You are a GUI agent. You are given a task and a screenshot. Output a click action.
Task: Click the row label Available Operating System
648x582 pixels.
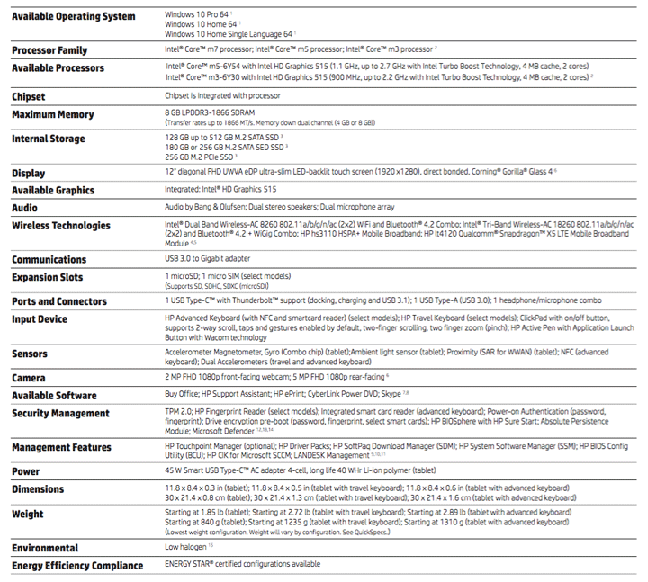[74, 16]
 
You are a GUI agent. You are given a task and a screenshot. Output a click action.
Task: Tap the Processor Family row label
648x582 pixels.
[50, 50]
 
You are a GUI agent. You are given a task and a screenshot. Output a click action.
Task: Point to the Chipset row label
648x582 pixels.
[35, 96]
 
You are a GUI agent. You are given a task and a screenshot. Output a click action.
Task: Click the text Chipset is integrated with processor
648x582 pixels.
[222, 95]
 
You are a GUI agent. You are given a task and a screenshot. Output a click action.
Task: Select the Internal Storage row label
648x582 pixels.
[49, 139]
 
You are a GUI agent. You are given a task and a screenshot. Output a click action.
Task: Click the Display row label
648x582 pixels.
[29, 173]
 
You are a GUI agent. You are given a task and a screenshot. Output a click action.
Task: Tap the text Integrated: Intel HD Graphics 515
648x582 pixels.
[220, 190]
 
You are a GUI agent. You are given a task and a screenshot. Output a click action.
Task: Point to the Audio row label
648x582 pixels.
[25, 207]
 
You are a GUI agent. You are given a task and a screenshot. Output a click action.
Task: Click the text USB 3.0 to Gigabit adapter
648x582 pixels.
[211, 258]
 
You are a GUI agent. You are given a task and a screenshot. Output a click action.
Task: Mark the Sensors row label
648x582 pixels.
[31, 354]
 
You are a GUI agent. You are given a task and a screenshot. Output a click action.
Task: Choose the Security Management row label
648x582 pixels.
[61, 413]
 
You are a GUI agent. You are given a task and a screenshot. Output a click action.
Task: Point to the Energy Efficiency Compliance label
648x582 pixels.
[77, 566]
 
